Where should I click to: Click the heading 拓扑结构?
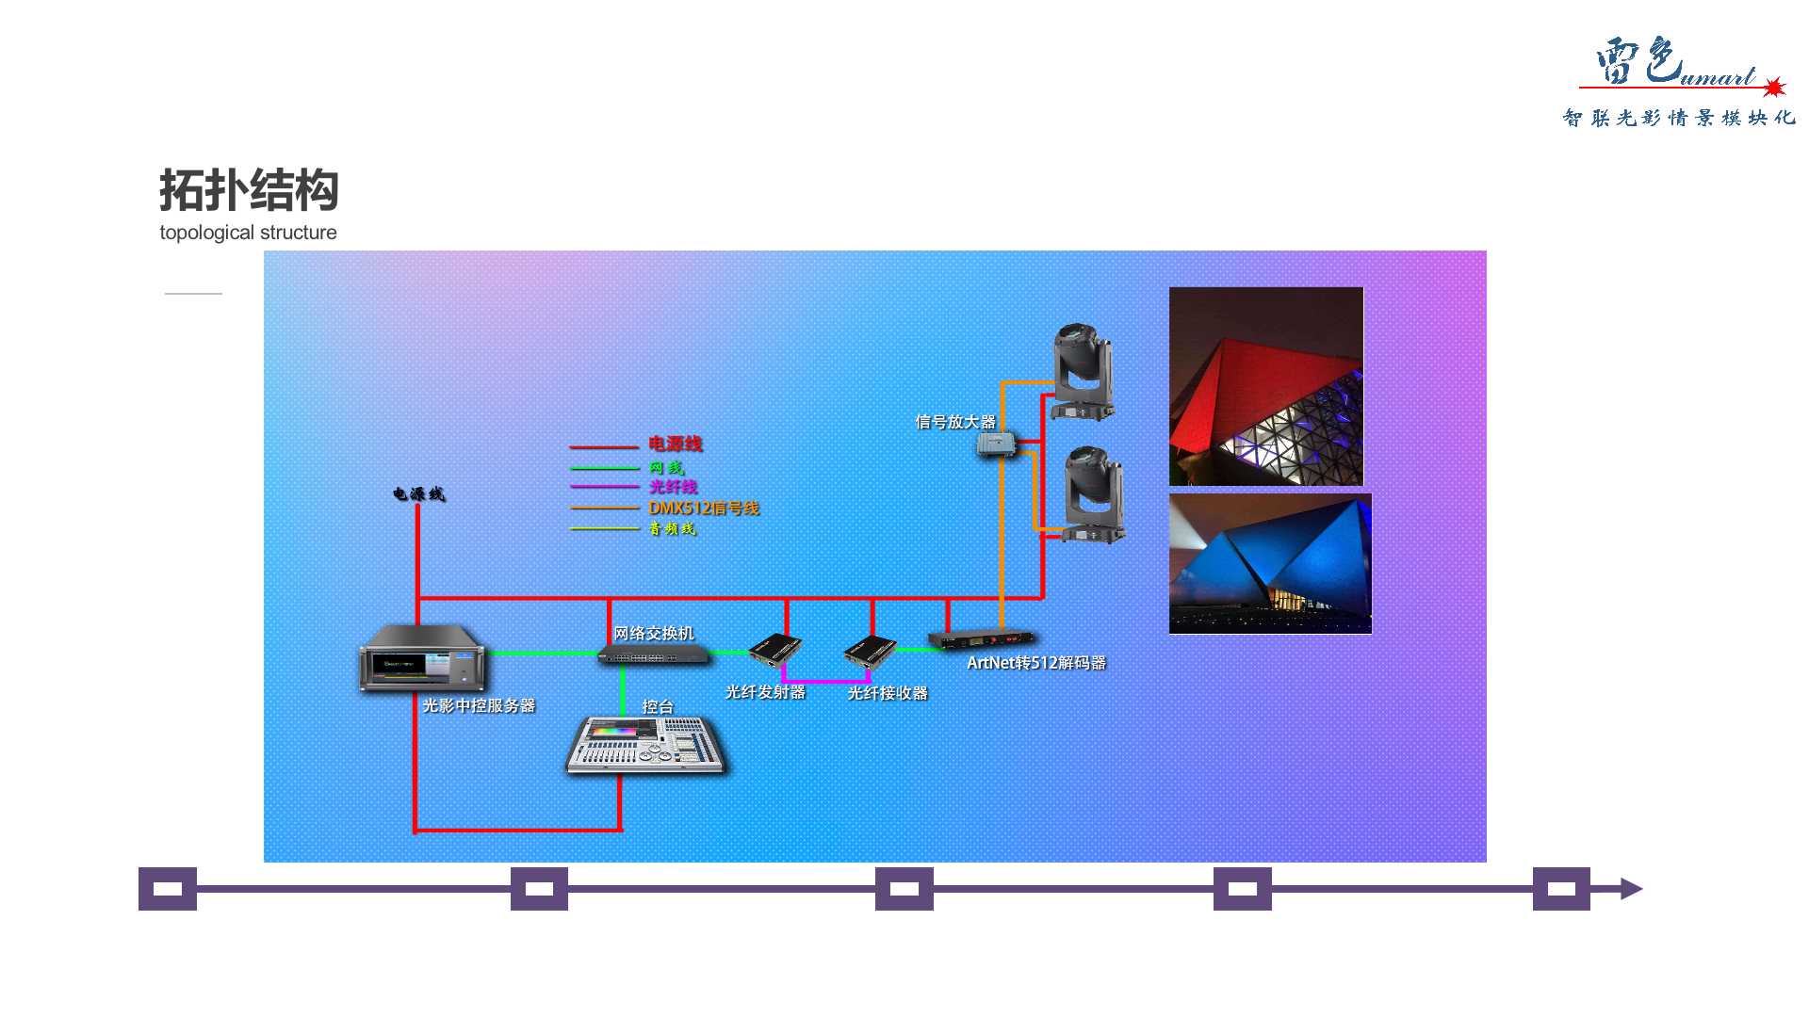249,190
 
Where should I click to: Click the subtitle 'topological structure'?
248,233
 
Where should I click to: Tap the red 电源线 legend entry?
675,444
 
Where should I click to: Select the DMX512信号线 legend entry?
703,508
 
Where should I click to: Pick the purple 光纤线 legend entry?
673,487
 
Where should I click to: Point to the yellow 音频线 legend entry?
672,529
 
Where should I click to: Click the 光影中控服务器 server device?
422,657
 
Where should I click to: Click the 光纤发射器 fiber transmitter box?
775,650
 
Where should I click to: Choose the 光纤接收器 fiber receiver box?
869,652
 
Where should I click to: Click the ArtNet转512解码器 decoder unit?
980,640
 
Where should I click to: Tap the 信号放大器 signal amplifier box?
996,444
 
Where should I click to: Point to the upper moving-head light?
1083,372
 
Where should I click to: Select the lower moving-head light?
1093,494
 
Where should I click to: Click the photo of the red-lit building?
1265,386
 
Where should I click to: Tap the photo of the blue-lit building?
1270,563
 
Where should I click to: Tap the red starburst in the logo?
1774,88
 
